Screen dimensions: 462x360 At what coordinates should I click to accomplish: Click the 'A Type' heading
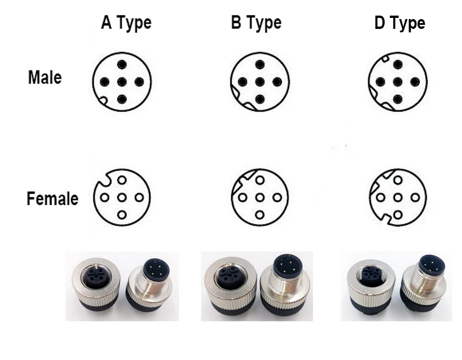[126, 23]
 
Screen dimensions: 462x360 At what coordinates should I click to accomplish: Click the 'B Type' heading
[256, 23]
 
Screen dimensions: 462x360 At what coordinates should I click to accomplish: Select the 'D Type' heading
[400, 23]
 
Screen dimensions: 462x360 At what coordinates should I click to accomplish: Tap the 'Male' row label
[45, 77]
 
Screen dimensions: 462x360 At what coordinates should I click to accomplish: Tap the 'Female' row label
[53, 198]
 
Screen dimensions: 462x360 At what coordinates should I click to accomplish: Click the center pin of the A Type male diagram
[122, 81]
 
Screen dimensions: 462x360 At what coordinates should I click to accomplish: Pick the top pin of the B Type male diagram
[259, 65]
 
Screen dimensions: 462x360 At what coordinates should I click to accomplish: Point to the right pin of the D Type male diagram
[415, 81]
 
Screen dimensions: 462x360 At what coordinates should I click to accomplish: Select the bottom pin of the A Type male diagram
[122, 99]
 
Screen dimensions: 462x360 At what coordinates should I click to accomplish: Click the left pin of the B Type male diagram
[243, 81]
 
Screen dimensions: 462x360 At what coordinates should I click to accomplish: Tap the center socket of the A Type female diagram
[122, 197]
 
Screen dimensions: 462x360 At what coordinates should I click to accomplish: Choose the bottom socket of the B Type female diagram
[259, 214]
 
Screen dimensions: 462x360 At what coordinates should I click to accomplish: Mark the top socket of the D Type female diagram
[398, 180]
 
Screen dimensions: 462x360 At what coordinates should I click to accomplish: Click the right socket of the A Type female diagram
[139, 197]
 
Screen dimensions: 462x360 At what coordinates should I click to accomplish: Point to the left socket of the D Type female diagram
[381, 197]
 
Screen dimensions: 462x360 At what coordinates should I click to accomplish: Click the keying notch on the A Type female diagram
[103, 180]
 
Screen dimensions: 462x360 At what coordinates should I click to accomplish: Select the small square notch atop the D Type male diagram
[385, 58]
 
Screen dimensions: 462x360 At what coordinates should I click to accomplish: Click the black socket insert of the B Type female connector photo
[229, 276]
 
